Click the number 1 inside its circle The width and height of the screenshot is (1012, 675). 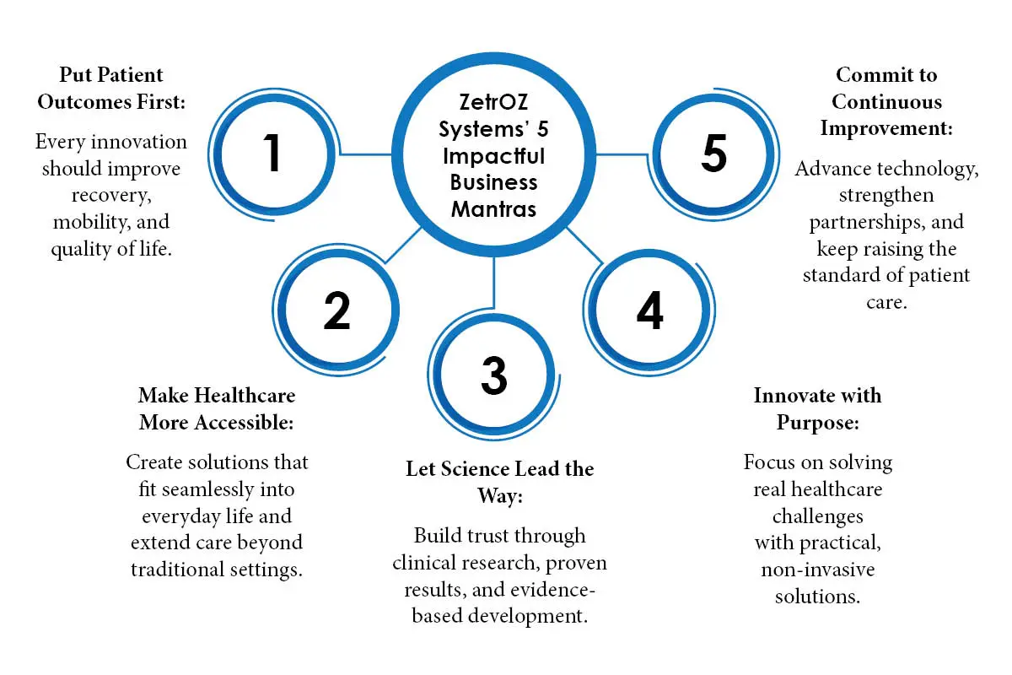pyautogui.click(x=272, y=153)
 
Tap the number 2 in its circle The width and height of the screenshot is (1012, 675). pyautogui.click(x=337, y=310)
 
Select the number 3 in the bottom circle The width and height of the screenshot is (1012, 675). pyautogui.click(x=494, y=375)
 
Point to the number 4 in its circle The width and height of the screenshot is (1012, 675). pyautogui.click(x=649, y=310)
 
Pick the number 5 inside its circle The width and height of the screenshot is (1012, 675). pyautogui.click(x=713, y=154)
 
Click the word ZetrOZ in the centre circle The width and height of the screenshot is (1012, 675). pyautogui.click(x=493, y=102)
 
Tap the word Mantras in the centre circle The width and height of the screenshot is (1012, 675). pyautogui.click(x=493, y=209)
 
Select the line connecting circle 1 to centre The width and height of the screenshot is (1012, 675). pyautogui.click(x=365, y=154)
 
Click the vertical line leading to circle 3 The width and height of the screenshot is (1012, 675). pyautogui.click(x=494, y=283)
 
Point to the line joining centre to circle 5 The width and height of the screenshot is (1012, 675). pyautogui.click(x=622, y=154)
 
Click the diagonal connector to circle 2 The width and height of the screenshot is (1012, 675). pyautogui.click(x=403, y=245)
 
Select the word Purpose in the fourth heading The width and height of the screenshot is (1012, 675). pyautogui.click(x=818, y=424)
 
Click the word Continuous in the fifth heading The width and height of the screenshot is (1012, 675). pyautogui.click(x=887, y=102)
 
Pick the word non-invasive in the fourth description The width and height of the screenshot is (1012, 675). pyautogui.click(x=818, y=570)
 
